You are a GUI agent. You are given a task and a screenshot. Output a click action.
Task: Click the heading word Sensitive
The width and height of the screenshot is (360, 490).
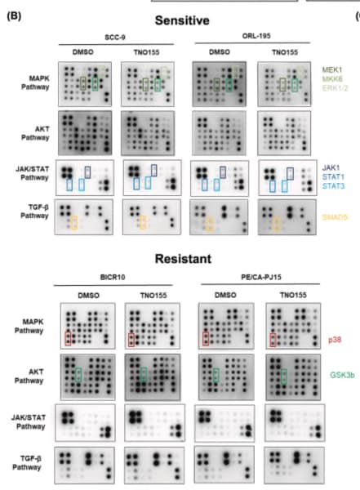point(182,20)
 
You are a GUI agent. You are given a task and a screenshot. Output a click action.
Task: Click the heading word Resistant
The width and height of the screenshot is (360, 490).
point(183,259)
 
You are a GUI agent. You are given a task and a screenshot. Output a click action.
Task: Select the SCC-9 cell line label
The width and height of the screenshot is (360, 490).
point(115,38)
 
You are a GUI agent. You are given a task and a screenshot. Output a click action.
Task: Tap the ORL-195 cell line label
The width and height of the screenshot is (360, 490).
point(256,36)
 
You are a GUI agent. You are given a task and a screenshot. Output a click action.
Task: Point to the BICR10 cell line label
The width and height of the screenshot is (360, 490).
point(113,277)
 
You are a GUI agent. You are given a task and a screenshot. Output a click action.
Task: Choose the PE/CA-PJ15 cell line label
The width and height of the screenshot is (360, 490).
point(261,277)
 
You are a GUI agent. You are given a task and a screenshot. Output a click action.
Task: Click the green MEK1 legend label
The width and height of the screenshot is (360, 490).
point(332,69)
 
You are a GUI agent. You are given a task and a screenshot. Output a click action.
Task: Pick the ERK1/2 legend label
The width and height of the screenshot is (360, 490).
point(335,88)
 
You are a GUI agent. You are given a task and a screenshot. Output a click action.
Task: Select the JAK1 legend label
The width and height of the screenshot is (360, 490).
point(331,167)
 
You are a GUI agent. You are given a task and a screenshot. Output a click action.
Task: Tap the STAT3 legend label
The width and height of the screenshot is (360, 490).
point(333,186)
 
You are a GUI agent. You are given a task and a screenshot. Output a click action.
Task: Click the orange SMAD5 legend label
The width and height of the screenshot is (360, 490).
point(335,217)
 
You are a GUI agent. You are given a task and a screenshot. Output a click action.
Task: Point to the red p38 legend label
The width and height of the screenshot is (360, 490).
point(335,340)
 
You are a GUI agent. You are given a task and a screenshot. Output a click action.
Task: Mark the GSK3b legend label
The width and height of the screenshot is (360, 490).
point(342,375)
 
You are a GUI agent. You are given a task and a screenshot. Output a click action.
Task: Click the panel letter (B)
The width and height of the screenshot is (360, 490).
point(14,16)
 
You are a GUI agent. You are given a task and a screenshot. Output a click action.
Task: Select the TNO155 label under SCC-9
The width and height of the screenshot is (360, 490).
point(147,52)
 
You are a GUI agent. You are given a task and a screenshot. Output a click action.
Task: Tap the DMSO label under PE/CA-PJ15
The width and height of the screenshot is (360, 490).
point(225,295)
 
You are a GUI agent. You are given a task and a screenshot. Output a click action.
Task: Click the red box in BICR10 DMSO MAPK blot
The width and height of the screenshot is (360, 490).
point(65,339)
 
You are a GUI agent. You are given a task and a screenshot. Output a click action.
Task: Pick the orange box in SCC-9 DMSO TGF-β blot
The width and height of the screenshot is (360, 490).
point(72,223)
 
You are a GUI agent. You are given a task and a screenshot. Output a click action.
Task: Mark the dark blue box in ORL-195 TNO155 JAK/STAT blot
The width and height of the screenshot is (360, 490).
point(287,174)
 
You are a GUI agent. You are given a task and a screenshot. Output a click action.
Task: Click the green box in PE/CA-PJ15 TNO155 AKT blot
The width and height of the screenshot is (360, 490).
point(281,376)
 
